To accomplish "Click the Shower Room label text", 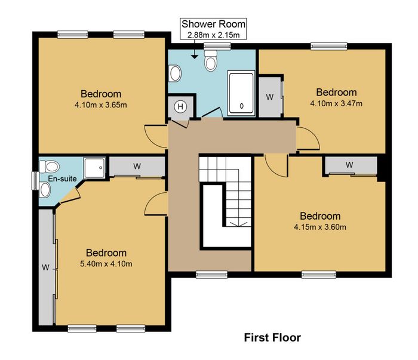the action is [213, 24].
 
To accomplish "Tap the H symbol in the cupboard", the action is [180, 107].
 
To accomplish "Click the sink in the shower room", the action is [175, 73].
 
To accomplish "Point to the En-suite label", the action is [62, 179].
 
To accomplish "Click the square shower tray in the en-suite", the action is [94, 168].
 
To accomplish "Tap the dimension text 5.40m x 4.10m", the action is [106, 264].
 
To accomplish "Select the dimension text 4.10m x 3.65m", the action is [101, 104].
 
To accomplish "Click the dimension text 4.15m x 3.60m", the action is [320, 227].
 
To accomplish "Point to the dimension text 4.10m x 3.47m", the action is [336, 103].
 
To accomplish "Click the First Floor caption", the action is [272, 338].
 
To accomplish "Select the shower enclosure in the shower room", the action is [241, 93].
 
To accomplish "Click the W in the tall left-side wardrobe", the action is [45, 267].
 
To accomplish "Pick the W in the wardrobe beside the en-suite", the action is [137, 167].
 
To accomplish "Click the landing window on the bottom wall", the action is [211, 275].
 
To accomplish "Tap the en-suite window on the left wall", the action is [35, 181].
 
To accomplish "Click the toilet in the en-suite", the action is [50, 167].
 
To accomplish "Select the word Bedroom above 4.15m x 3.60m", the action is [320, 216].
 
